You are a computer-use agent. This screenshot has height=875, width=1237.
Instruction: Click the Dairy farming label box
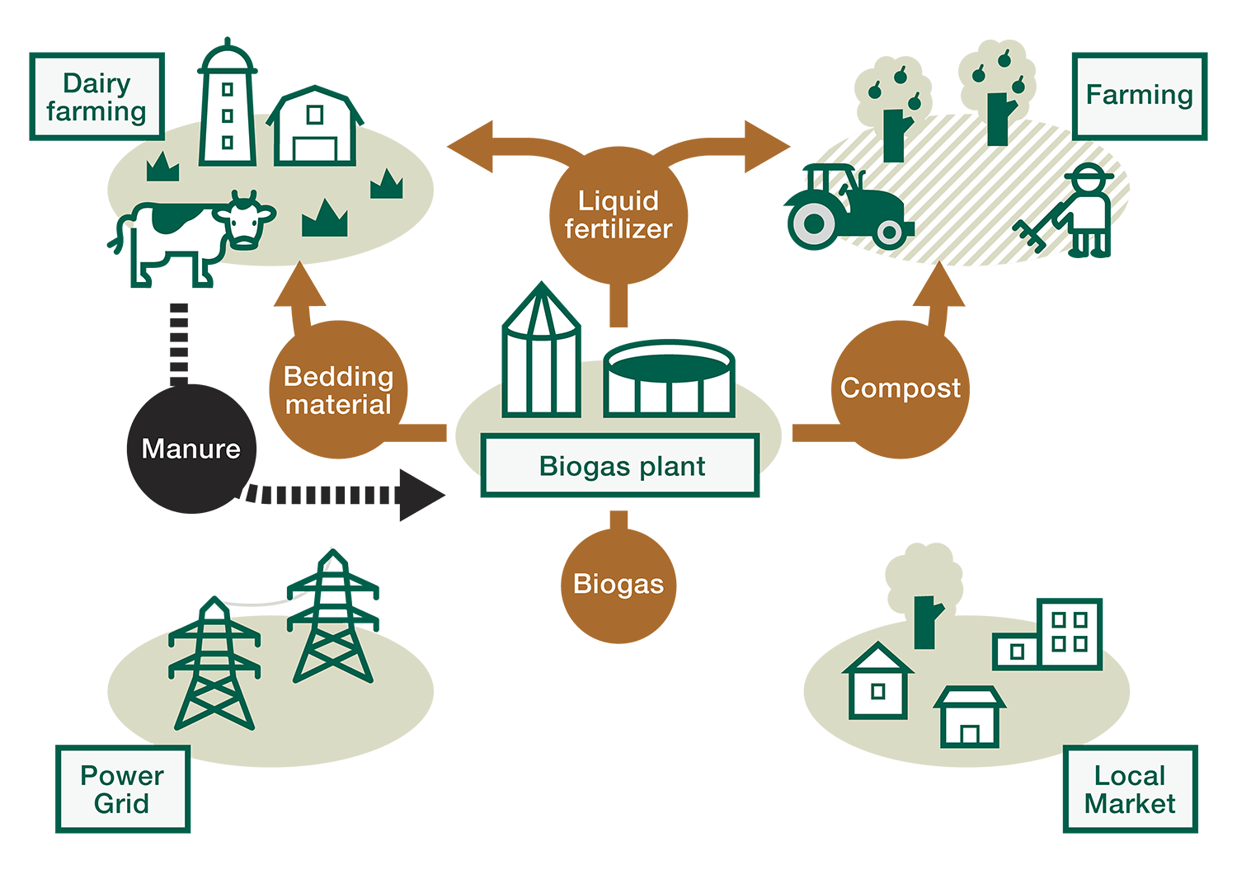pyautogui.click(x=96, y=96)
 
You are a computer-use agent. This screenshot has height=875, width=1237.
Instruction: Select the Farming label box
pyautogui.click(x=1139, y=95)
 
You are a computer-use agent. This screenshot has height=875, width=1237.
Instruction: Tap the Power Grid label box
pyautogui.click(x=122, y=789)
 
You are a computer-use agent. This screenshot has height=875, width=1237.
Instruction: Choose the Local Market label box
pyautogui.click(x=1129, y=789)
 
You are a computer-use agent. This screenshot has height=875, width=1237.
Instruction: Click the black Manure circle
pyautogui.click(x=190, y=449)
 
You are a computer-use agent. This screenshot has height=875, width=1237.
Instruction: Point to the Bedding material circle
pyautogui.click(x=338, y=390)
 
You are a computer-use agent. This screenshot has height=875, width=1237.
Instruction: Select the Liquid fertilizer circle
pyautogui.click(x=618, y=214)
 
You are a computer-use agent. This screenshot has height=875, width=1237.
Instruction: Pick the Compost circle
pyautogui.click(x=901, y=388)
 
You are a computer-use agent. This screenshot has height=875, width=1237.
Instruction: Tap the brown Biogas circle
pyautogui.click(x=618, y=585)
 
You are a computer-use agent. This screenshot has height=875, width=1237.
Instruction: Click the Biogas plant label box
pyautogui.click(x=620, y=466)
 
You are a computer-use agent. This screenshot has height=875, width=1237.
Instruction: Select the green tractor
pyautogui.click(x=845, y=206)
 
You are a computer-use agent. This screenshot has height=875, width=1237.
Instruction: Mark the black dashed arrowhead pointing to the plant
pyautogui.click(x=421, y=495)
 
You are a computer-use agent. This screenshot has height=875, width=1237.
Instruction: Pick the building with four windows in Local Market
pyautogui.click(x=1070, y=633)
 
